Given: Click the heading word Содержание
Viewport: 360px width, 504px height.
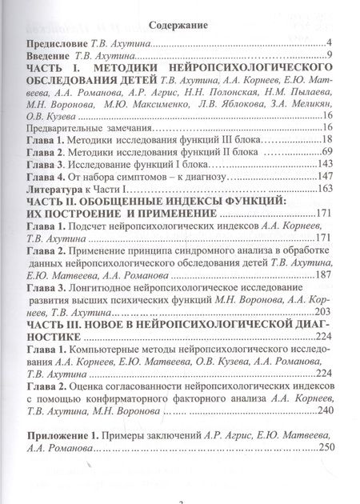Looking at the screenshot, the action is pyautogui.click(x=178, y=26).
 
